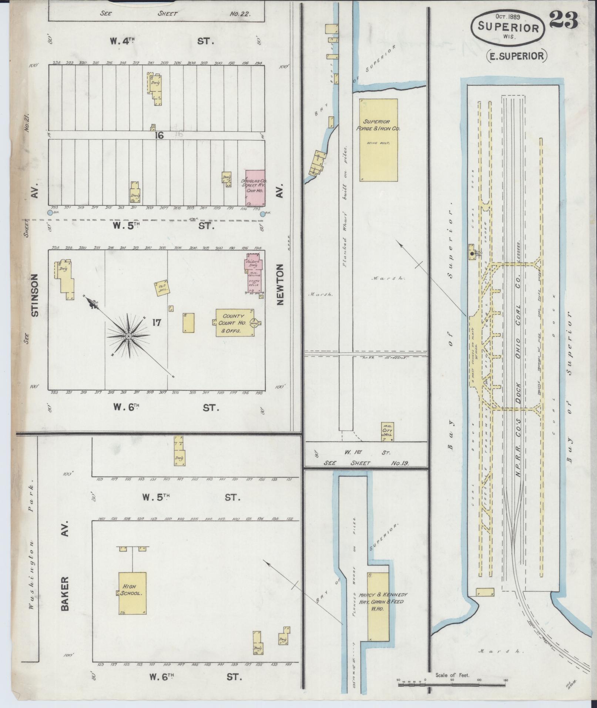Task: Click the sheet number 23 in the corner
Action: tap(563, 20)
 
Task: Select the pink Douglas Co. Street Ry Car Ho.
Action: tap(255, 188)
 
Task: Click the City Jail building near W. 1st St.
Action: tap(388, 432)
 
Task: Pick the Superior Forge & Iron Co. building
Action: tap(378, 140)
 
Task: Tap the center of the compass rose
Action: tap(128, 336)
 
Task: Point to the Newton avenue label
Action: tap(280, 284)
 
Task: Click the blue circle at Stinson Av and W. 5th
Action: tap(50, 213)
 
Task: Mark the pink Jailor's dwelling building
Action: tap(254, 264)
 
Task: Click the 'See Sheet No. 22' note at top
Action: tap(176, 14)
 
